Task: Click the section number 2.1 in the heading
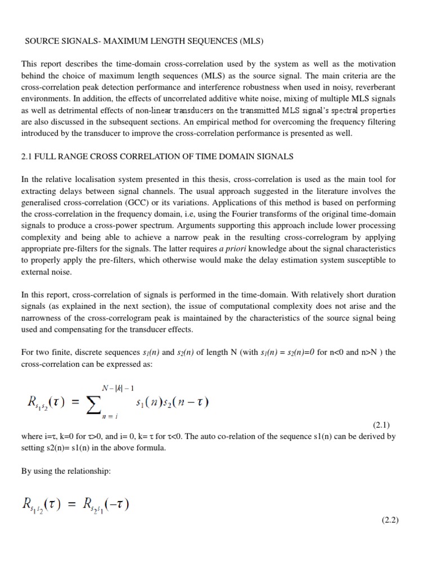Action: pyautogui.click(x=28, y=156)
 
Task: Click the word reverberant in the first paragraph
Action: pyautogui.click(x=376, y=87)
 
